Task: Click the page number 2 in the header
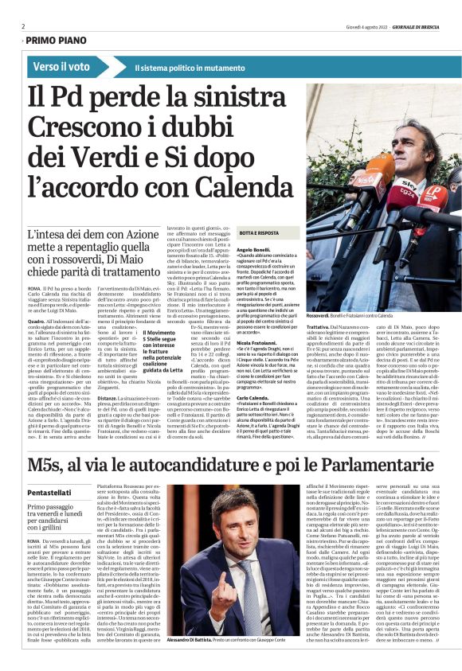coord(24,25)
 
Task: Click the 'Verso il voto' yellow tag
coord(61,67)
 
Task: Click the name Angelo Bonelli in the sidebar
coord(232,250)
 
